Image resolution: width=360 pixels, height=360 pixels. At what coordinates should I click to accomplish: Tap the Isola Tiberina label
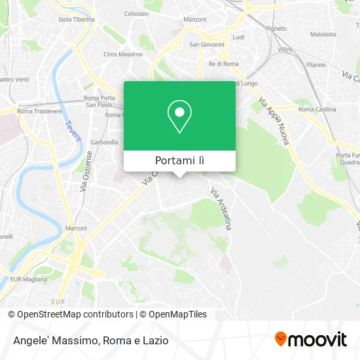[77, 20]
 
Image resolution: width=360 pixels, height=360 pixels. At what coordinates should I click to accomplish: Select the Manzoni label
[195, 20]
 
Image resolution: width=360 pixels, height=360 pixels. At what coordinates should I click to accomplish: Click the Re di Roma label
[223, 63]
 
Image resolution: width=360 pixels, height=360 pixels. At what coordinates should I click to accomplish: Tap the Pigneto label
[276, 29]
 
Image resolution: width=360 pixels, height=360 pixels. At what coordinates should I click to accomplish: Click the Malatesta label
[323, 33]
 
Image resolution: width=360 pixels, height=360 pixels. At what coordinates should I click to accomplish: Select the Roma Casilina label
[317, 109]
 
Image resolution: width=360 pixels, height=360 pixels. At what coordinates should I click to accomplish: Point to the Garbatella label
[104, 142]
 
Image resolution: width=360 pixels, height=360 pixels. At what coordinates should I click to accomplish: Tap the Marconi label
[77, 228]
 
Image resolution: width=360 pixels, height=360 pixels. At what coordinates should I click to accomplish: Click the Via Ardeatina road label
[221, 209]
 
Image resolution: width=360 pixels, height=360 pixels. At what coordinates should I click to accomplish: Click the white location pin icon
[179, 117]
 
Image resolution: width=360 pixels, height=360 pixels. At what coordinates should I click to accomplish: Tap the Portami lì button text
[179, 160]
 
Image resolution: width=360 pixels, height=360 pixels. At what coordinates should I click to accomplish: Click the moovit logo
[310, 339]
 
